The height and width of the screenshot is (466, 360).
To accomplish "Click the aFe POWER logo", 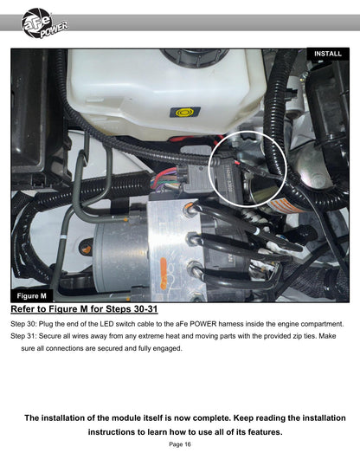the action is pos(44,23).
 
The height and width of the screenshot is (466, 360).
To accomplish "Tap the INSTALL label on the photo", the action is pos(328,54).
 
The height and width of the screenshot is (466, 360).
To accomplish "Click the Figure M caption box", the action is pos(32,296).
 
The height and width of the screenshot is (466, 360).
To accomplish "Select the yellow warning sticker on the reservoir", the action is pos(184,112).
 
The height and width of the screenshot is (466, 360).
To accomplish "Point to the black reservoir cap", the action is pos(195,57).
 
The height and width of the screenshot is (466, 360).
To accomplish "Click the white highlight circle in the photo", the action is pos(247,132).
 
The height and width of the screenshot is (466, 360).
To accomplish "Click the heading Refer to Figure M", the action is pos(84,309).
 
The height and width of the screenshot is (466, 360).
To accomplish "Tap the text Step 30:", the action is pos(23,324).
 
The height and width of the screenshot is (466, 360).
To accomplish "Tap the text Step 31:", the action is pos(23,336).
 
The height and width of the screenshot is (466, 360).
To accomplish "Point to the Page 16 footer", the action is pos(180,444).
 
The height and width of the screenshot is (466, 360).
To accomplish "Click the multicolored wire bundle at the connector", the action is pos(164,179).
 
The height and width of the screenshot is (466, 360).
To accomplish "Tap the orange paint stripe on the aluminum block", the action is pos(164,274).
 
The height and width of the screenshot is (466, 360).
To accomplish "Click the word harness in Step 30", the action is pos(231,324).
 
